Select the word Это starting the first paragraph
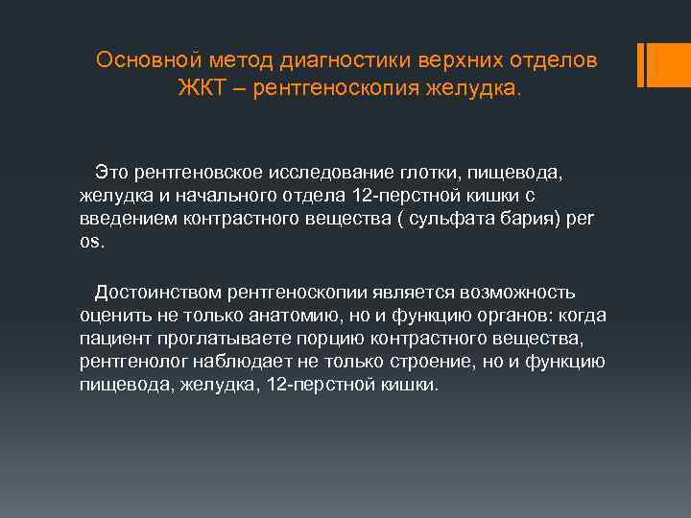(112, 172)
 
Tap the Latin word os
(88, 242)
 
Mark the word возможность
(518, 293)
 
